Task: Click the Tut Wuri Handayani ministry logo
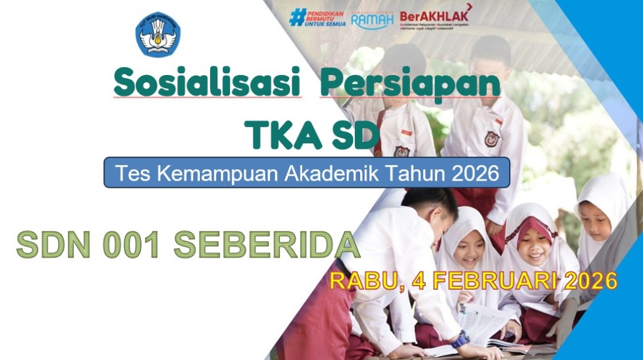(x=158, y=34)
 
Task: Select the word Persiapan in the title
(x=410, y=84)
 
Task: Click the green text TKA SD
(x=312, y=134)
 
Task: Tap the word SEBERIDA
(x=267, y=245)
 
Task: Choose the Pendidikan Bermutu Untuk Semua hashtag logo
(x=318, y=17)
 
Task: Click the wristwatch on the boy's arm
(x=461, y=339)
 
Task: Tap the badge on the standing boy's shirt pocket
(x=492, y=139)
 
